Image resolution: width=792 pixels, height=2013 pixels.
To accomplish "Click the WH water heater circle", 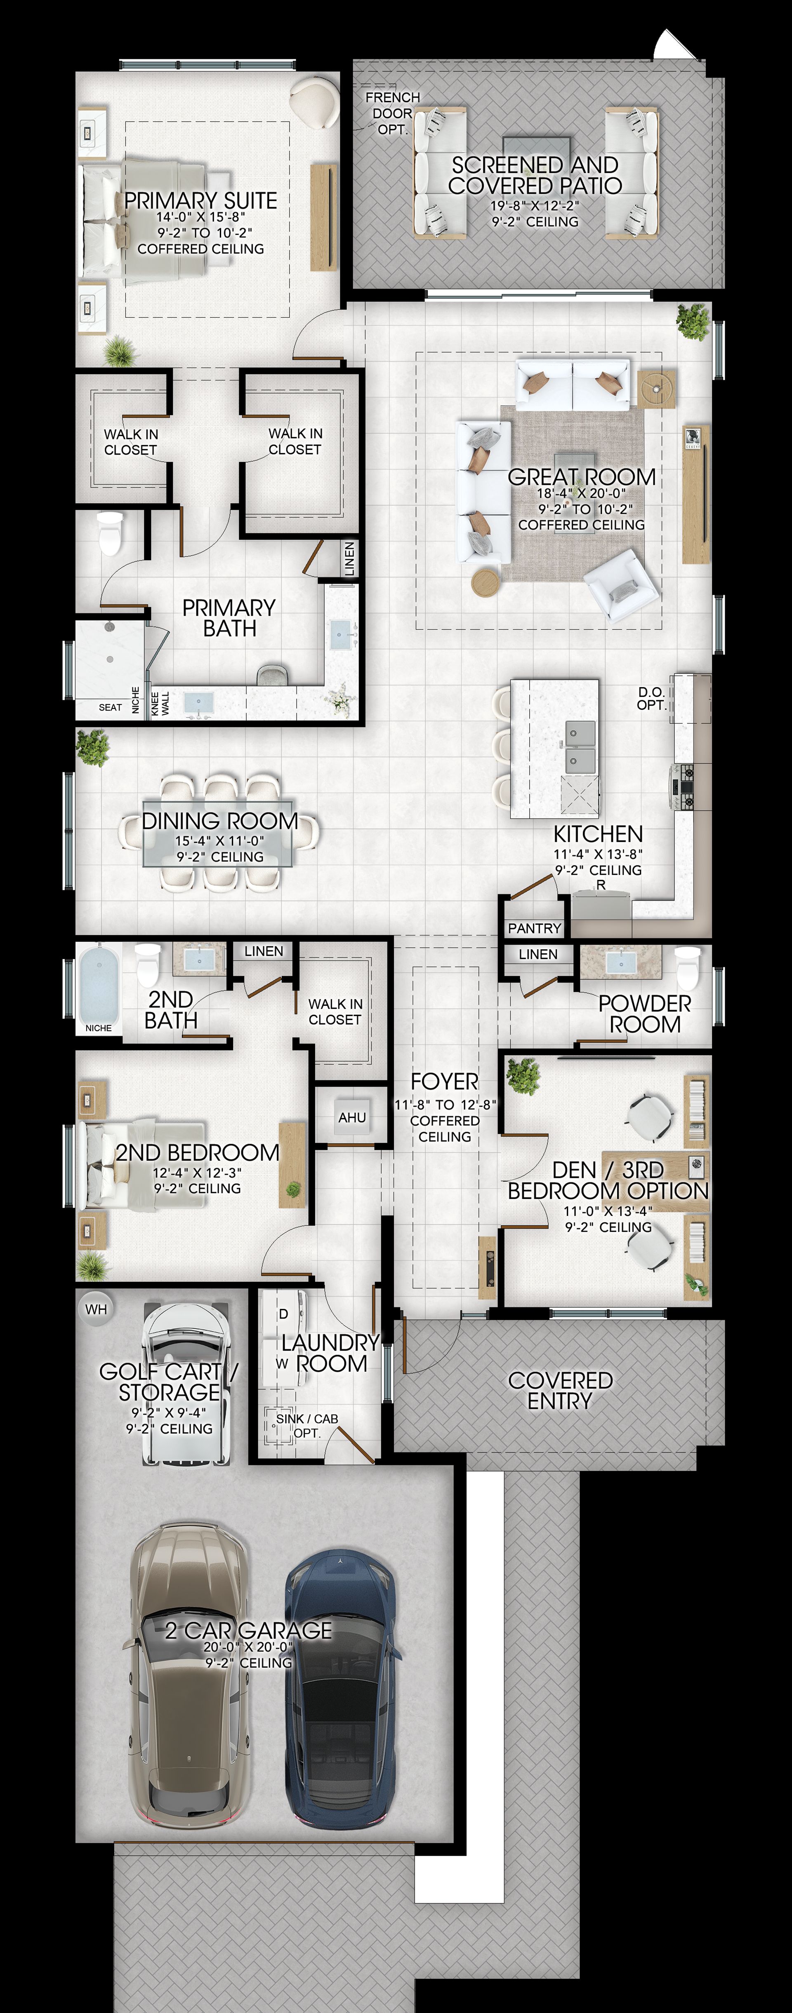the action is pos(96,1309).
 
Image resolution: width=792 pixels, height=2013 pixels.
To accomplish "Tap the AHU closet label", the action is pos(352,1117).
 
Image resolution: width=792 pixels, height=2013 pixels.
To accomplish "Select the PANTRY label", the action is pos(535,928).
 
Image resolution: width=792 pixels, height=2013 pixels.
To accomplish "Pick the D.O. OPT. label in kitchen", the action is pos(651,699).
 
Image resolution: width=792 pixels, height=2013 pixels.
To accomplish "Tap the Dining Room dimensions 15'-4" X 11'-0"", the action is pos(220,841).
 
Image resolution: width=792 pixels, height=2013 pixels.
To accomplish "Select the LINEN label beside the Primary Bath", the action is pos(349,559).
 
